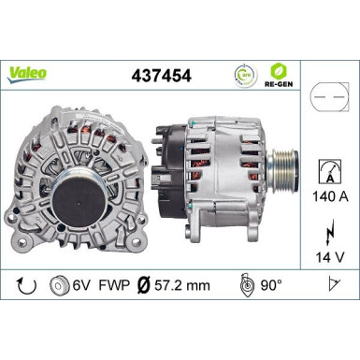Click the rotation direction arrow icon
coord(25,284)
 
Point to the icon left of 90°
coord(246,284)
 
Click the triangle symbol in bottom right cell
coord(332,284)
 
